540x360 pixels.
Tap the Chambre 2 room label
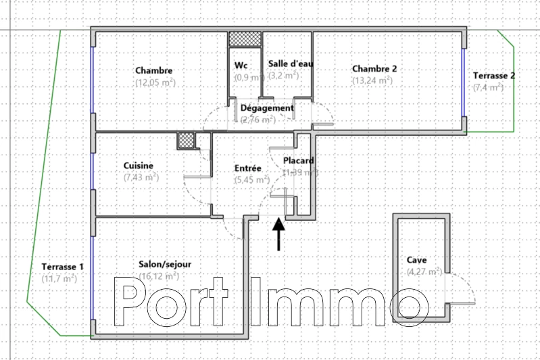374,69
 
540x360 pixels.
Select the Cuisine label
138,166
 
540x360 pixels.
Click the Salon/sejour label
159,265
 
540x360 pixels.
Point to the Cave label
416,260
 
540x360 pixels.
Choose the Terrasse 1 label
62,267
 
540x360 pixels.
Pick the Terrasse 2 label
494,76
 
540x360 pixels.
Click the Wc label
241,66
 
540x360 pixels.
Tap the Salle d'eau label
291,63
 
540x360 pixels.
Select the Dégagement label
267,108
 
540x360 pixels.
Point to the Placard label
298,161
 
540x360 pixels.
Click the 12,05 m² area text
155,82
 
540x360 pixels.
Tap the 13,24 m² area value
372,80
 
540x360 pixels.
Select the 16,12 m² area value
159,276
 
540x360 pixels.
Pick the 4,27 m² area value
424,272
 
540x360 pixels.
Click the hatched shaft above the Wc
245,39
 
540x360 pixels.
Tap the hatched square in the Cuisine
186,140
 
